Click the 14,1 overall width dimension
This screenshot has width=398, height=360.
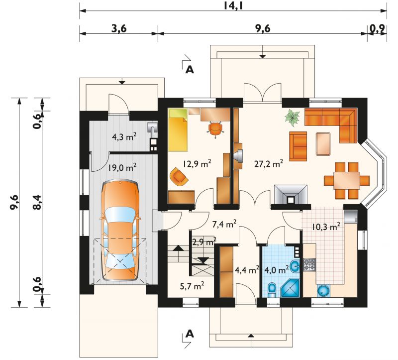coord(233,5)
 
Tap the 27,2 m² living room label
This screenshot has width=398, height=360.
coord(269,164)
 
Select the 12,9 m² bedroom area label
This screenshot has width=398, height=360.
coord(197,164)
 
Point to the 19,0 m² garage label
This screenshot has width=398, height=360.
coord(122,167)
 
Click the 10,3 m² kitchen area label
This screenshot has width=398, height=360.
coord(326,227)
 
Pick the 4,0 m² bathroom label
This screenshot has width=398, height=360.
coord(277,269)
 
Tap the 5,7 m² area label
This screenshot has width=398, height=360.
coord(192,286)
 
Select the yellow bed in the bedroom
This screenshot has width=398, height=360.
coord(178,130)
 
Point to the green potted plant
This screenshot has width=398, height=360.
coord(293,117)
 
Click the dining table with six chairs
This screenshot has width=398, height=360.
coord(346,181)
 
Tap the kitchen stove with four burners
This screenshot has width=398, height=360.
coord(309,264)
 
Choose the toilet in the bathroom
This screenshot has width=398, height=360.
coord(272,289)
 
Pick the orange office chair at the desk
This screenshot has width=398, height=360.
coord(215,128)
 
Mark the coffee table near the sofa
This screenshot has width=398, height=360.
coord(323,143)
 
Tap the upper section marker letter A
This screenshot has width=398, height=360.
coord(190,69)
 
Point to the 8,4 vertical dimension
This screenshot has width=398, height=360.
coord(37,202)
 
